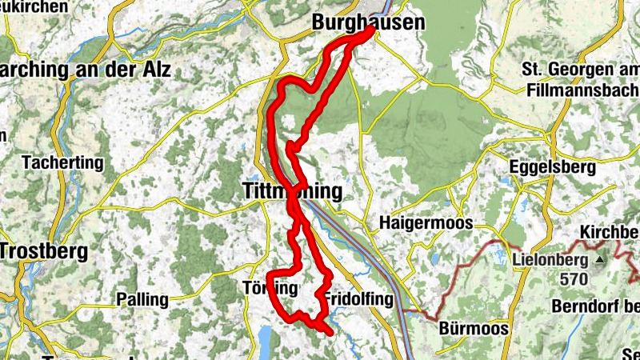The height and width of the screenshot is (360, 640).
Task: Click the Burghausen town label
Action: pos(367,23)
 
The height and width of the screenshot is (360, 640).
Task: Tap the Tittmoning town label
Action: pos(291,191)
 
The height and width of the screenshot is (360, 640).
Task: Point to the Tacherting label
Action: pos(64,162)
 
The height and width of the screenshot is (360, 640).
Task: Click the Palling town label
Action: pos(142,300)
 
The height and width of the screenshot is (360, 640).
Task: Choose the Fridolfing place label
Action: pos(359,299)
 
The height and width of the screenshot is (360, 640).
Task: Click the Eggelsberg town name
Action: pos(553,168)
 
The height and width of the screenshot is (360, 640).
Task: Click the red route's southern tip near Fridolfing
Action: pos(329,329)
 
